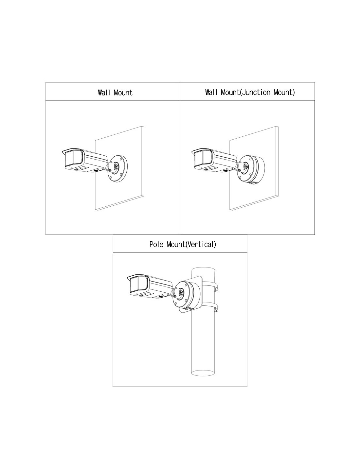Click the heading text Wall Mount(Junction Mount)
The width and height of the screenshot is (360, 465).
[x=250, y=93]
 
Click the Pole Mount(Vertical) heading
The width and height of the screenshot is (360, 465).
[x=183, y=244]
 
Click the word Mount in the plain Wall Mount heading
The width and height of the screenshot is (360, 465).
[x=123, y=93]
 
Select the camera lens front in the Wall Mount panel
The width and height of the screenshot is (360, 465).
[x=73, y=159]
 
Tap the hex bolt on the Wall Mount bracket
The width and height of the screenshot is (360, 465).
[x=117, y=166]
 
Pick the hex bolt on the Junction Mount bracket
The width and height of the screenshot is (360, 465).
[x=246, y=166]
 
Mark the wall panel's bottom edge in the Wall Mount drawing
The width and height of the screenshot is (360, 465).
[x=119, y=203]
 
